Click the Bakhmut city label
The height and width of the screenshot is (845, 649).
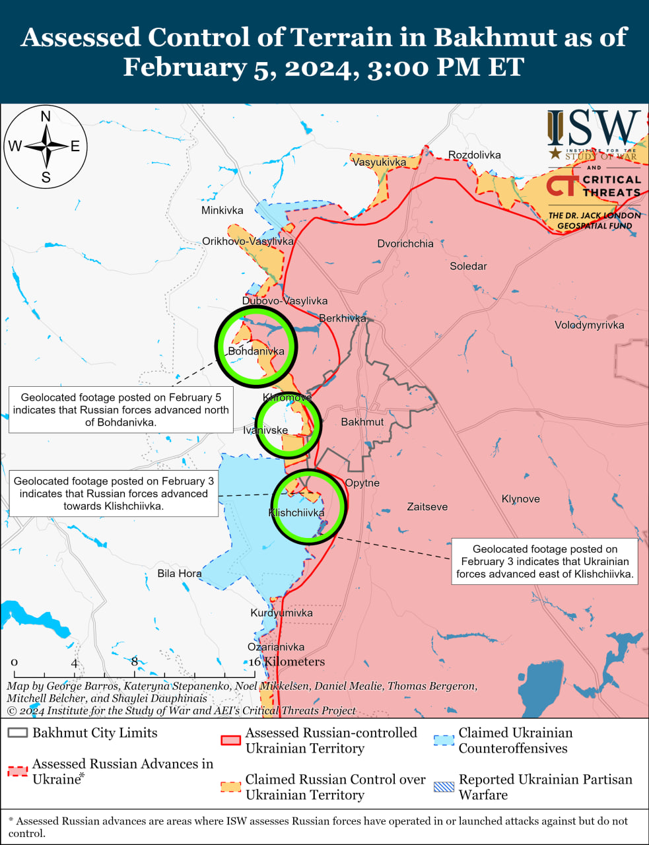point(362,422)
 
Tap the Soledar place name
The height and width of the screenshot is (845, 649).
point(468,266)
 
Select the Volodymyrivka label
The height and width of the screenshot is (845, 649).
point(589,325)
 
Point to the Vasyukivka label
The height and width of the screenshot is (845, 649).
point(379,162)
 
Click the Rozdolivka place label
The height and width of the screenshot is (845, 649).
point(474,155)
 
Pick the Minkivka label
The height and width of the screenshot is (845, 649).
point(222,211)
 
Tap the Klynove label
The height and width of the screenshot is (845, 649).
point(520,499)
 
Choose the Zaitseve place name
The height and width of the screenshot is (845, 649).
point(427,507)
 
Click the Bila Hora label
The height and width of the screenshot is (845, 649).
point(179,573)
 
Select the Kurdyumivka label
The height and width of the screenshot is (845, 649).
point(281,613)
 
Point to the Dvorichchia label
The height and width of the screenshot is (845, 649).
point(405,244)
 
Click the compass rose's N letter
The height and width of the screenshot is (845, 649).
point(46,118)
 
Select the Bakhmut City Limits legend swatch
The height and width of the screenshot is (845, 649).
point(18,733)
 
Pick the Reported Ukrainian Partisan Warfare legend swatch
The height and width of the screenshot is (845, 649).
point(444,787)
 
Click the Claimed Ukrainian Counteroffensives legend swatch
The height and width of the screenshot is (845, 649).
point(444,740)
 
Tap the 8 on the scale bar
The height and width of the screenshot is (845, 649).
point(135,661)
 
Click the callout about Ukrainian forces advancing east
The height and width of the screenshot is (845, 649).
point(545,561)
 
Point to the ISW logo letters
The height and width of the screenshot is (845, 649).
point(593,128)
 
